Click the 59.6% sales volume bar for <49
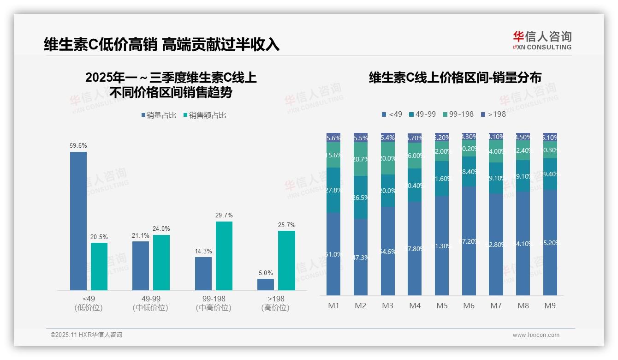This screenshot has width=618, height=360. tap(78, 221)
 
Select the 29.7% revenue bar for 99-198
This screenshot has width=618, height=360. tap(224, 256)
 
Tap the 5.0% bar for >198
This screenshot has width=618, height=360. tap(266, 284)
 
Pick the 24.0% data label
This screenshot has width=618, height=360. tap(161, 228)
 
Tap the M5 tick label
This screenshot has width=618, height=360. tap(442, 306)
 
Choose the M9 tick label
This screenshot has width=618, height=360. tap(550, 306)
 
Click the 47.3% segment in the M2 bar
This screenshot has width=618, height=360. tap(361, 257)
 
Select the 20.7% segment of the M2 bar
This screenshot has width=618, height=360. tap(361, 159)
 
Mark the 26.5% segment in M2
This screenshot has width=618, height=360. tap(361, 197)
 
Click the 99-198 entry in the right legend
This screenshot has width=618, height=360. tap(458, 114)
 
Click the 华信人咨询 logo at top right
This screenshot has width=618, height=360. tap(542, 40)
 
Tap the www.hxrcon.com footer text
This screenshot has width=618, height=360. tap(536, 335)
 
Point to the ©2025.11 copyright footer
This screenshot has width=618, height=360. tap(86, 335)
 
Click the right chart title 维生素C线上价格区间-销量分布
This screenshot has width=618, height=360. tap(455, 78)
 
